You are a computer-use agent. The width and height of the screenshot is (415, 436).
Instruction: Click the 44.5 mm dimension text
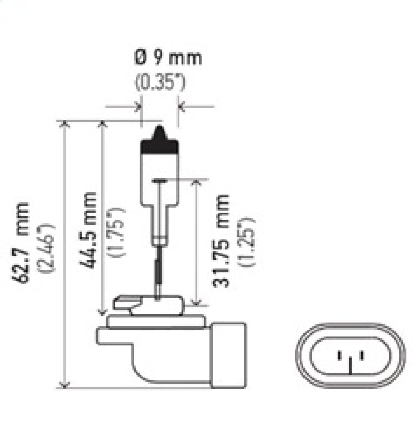(x=88, y=228)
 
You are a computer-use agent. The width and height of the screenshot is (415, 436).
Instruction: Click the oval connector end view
(x=351, y=356)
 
